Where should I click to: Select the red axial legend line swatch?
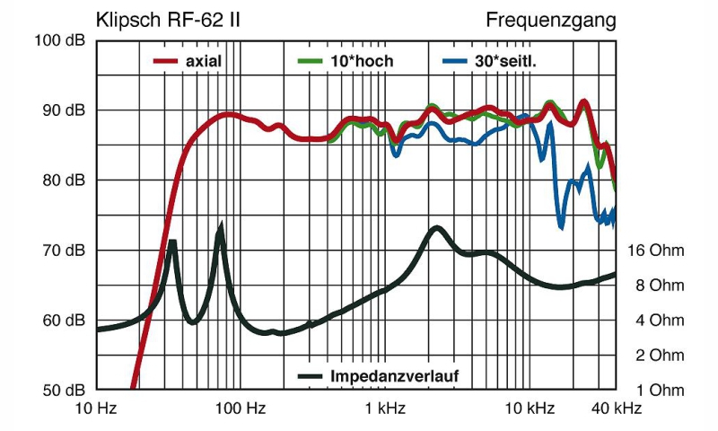(x=163, y=62)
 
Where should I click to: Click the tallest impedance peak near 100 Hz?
(x=221, y=227)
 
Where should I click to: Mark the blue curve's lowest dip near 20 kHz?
(x=561, y=224)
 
